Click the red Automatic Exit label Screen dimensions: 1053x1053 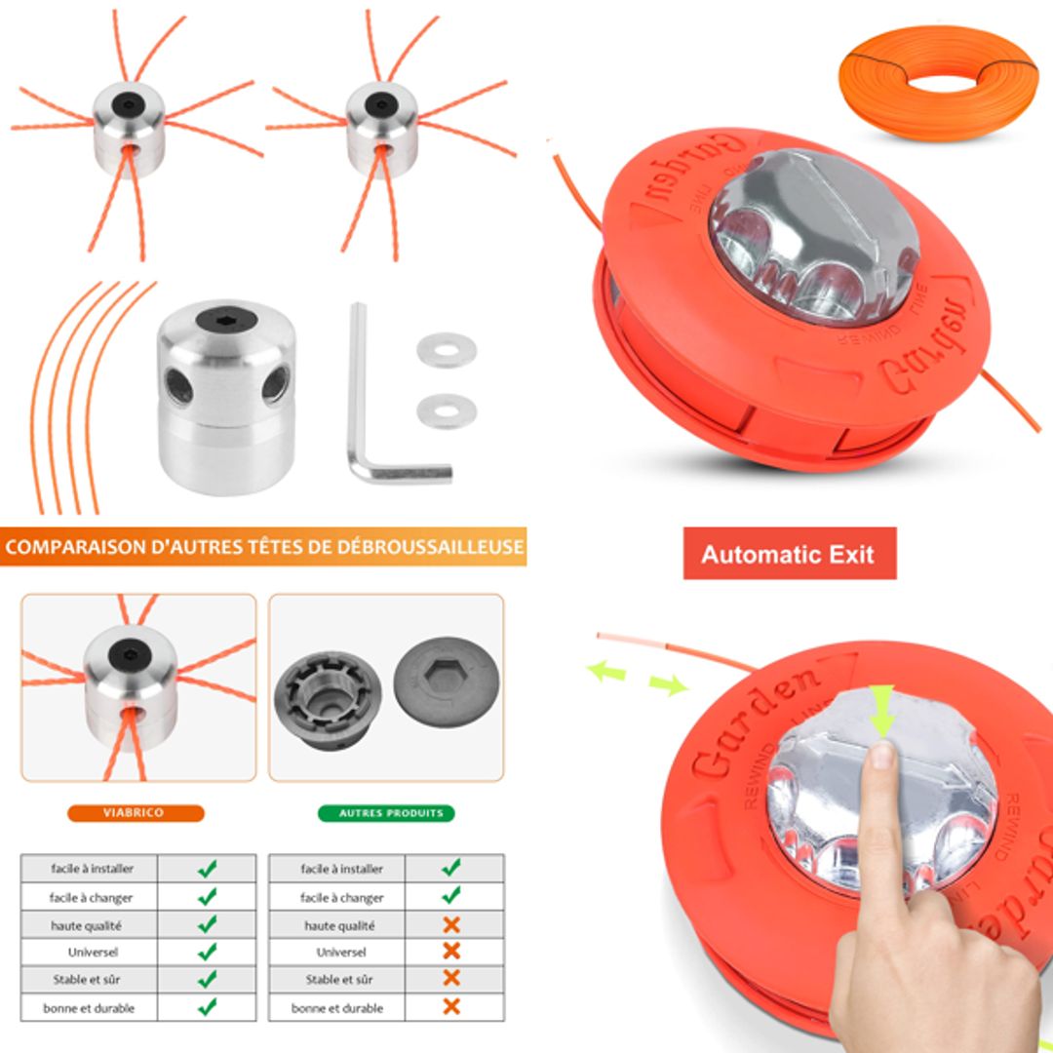789,554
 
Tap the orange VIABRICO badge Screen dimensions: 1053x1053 136,812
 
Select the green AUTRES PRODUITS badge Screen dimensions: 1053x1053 386,812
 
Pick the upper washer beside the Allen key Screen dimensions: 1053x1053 447,350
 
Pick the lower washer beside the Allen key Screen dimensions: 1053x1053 447,410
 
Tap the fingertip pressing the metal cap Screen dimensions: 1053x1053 882,756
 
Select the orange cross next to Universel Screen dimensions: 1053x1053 450,951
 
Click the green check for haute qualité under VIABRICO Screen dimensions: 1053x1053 207,923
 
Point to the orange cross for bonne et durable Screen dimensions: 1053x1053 450,1006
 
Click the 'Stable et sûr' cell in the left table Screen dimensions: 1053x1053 91,979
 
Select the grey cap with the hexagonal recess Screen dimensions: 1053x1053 447,680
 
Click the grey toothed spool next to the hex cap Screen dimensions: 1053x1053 327,694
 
